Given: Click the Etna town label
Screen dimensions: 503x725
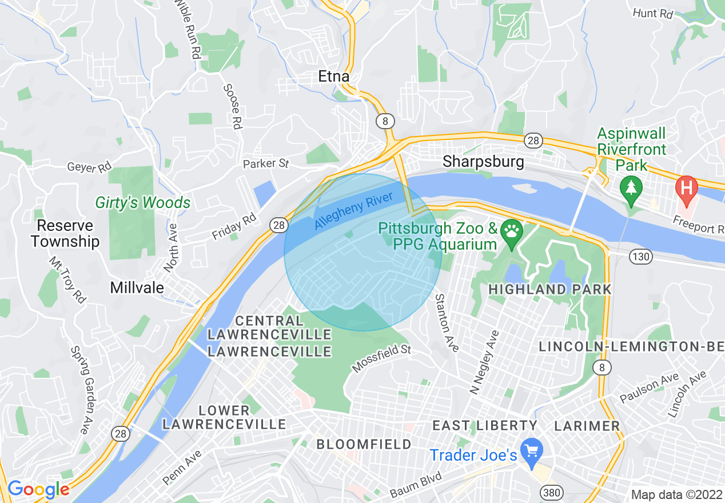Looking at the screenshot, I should [x=334, y=77].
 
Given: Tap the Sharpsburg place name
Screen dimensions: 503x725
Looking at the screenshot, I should [x=483, y=162].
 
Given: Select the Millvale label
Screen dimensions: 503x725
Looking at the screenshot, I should [x=137, y=288].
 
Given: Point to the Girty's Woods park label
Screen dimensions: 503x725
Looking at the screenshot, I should [x=143, y=202].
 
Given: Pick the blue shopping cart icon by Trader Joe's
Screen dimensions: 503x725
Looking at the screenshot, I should [x=532, y=448].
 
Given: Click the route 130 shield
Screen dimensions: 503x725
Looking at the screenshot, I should [x=642, y=257].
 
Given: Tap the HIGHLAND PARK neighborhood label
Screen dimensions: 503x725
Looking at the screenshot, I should [x=550, y=289].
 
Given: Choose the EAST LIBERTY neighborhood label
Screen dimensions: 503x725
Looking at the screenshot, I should [x=485, y=425].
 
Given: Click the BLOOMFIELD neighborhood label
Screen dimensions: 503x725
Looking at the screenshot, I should [x=364, y=444].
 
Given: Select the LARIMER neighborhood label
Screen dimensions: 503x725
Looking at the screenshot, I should [x=587, y=426].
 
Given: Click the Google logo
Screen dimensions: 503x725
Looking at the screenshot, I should [x=38, y=490].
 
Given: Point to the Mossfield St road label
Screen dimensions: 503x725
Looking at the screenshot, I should [x=381, y=358].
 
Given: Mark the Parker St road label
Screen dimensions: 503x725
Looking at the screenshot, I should [x=266, y=164].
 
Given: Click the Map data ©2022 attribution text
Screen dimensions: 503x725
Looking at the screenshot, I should [x=676, y=494].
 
